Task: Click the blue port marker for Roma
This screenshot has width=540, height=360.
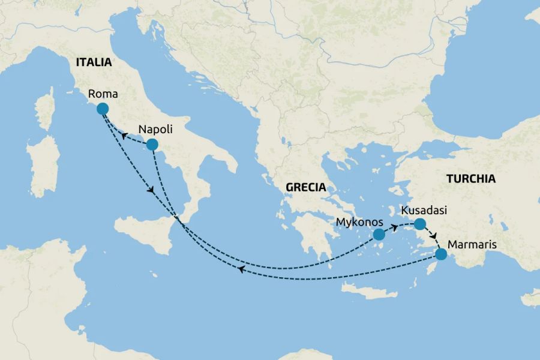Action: (x=103, y=109)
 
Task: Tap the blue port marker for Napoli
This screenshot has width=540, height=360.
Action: (x=152, y=144)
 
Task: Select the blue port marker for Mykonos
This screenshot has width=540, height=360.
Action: (x=379, y=235)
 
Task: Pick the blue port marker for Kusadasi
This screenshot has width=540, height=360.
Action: (x=419, y=224)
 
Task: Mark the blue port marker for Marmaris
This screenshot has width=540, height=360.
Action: (x=441, y=254)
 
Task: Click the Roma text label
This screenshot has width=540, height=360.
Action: (x=102, y=94)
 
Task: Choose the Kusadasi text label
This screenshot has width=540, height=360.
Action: (x=423, y=211)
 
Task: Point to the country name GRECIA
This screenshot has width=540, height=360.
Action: (x=305, y=187)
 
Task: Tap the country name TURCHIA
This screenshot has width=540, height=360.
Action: (x=470, y=178)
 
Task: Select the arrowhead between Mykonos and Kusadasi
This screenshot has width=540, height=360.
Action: (x=395, y=227)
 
